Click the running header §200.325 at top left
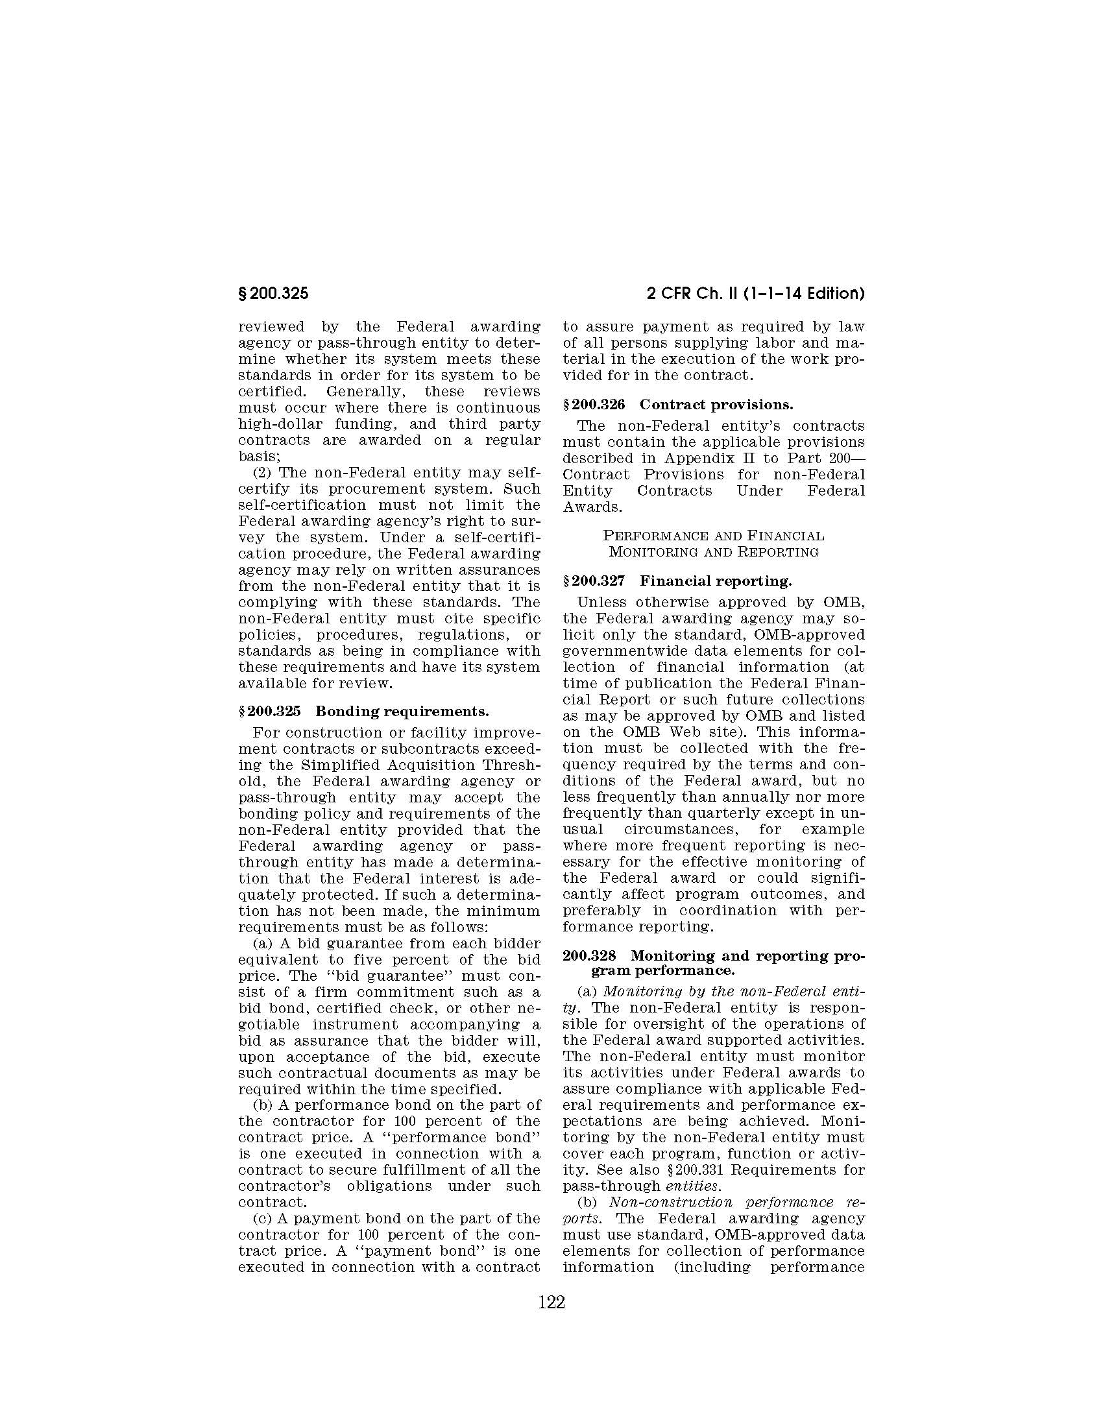[x=273, y=294]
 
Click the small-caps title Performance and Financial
[x=713, y=536]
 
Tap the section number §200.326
[x=593, y=405]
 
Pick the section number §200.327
[x=593, y=581]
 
